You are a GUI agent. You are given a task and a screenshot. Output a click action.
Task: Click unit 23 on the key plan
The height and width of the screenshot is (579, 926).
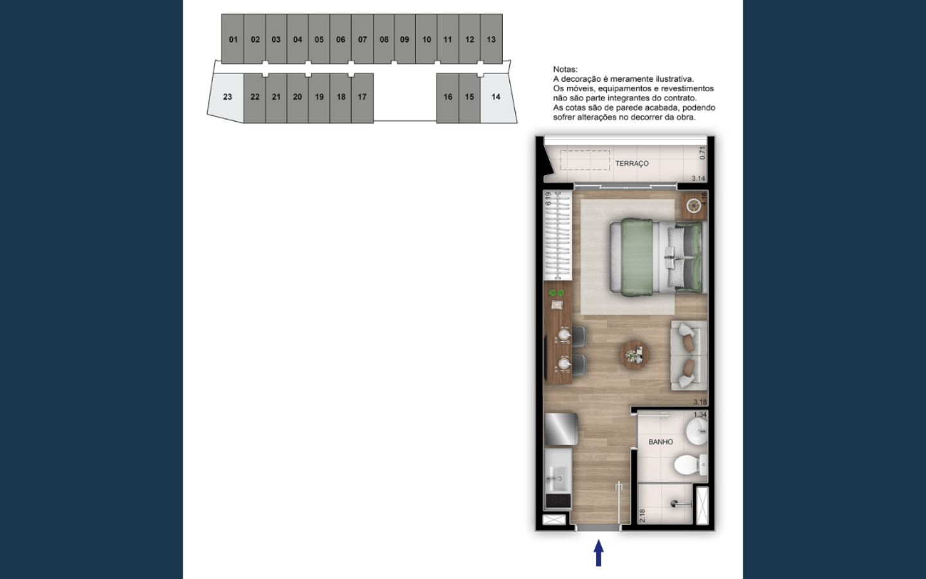(x=227, y=96)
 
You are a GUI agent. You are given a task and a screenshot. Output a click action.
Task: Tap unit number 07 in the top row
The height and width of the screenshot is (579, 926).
(x=362, y=39)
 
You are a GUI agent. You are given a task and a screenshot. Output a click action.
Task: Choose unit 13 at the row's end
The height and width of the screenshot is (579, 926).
(x=491, y=39)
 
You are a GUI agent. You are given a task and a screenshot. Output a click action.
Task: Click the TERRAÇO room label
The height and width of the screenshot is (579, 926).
(x=631, y=163)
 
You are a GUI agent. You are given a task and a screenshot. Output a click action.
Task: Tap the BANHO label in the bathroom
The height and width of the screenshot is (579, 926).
(x=660, y=442)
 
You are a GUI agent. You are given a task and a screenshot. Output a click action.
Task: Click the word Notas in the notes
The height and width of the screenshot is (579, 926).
(x=565, y=69)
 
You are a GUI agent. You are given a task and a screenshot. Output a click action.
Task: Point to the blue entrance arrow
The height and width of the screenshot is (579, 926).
(x=599, y=553)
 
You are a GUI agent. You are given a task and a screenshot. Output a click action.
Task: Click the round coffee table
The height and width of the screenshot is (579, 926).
(x=634, y=354)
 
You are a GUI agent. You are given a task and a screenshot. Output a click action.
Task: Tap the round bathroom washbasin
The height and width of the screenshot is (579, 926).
(x=697, y=431)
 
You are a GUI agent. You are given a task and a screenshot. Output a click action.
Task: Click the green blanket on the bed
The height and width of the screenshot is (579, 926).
(x=637, y=257)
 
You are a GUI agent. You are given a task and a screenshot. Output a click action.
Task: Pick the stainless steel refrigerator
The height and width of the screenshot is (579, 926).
(x=561, y=429)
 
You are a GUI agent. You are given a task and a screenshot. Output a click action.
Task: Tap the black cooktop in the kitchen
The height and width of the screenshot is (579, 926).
(x=558, y=501)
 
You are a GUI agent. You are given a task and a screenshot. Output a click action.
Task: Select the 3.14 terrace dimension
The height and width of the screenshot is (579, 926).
(x=698, y=178)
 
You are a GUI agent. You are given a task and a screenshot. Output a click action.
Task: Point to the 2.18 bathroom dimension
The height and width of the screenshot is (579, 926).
(x=642, y=516)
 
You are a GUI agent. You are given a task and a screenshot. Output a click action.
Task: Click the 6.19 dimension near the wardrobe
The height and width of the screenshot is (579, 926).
(x=548, y=199)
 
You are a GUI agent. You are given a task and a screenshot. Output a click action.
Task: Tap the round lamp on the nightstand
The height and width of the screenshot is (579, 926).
(x=694, y=206)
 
